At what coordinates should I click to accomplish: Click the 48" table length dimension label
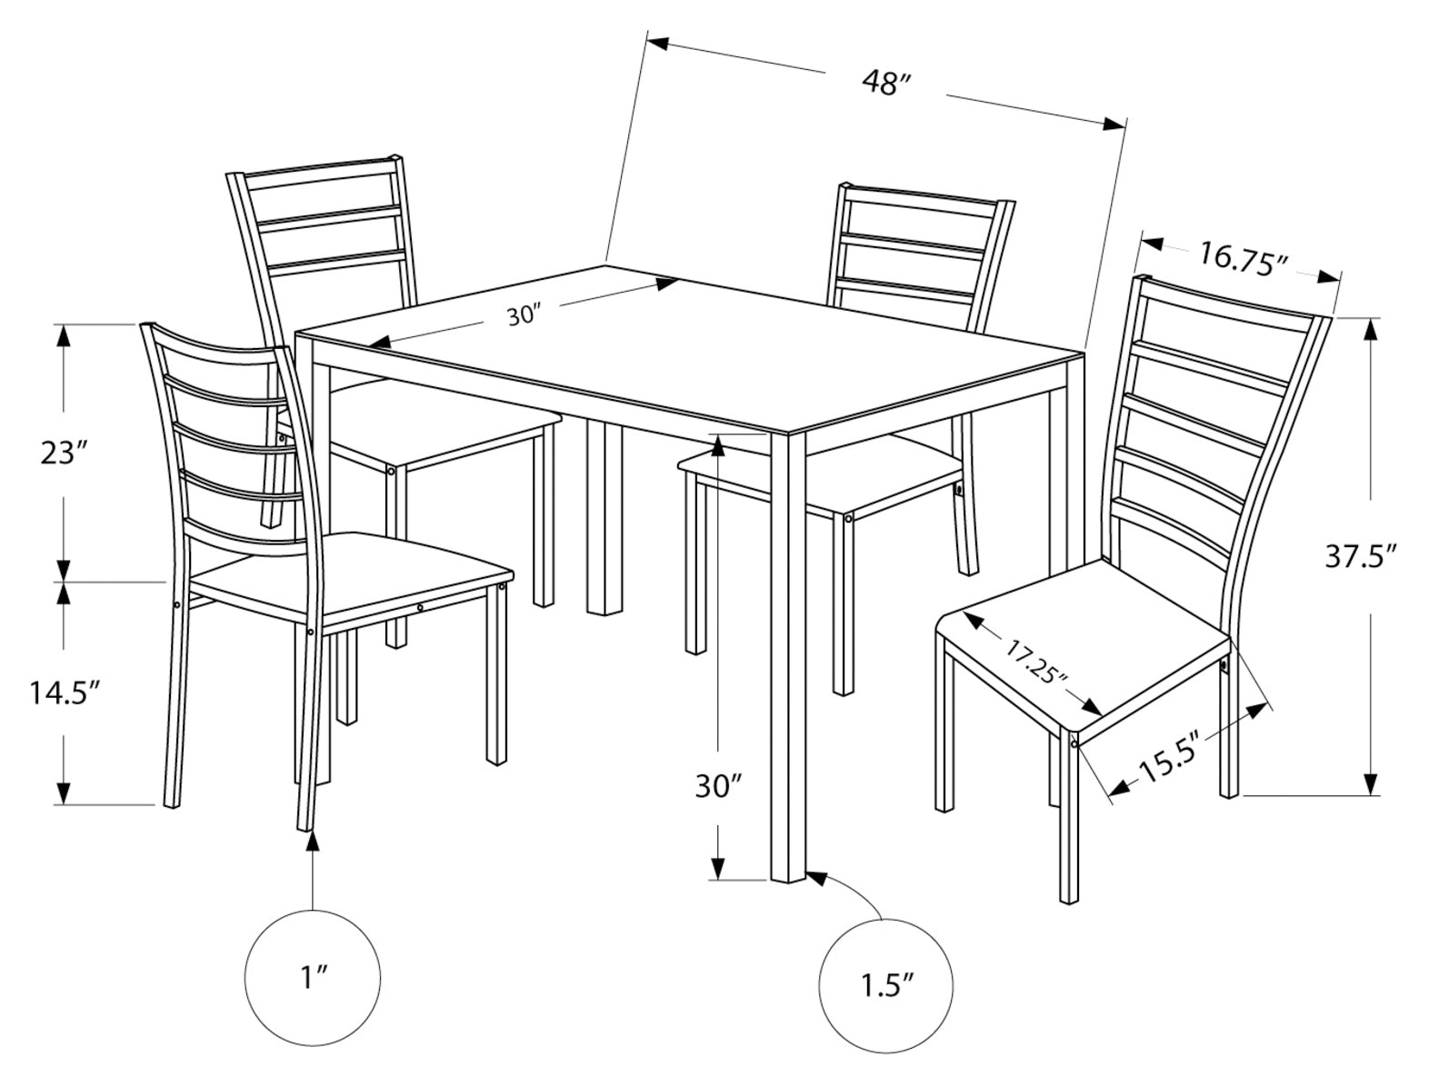tap(886, 84)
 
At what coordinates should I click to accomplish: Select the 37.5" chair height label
tap(1359, 557)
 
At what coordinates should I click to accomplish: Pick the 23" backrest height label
tap(63, 453)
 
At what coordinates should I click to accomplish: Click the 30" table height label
tap(719, 786)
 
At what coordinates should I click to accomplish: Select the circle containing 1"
tap(313, 978)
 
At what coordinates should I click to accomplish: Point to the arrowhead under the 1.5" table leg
tap(816, 878)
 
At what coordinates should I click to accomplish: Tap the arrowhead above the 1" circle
tap(313, 841)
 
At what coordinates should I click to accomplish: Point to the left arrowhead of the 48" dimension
tap(658, 44)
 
